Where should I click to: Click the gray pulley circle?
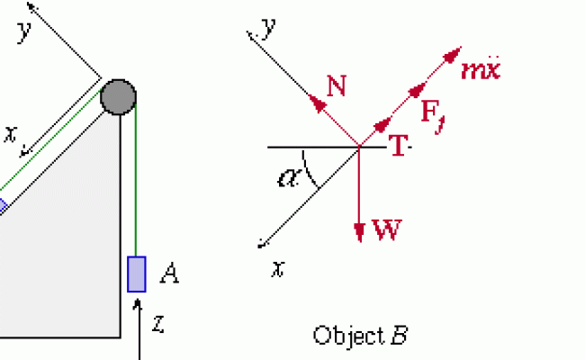[x=118, y=95]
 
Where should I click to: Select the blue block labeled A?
[x=136, y=274]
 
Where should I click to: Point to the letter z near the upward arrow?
[x=157, y=320]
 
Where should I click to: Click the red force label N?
[x=337, y=86]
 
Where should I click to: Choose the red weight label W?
[x=386, y=231]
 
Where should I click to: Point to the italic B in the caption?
[x=399, y=336]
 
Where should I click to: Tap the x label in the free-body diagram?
[x=280, y=267]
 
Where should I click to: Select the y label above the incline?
[x=24, y=31]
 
